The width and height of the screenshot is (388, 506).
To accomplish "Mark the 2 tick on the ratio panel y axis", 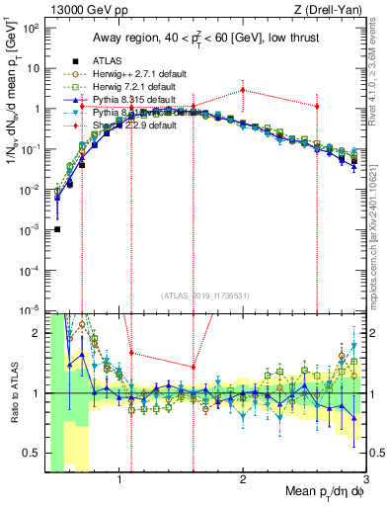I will [x=38, y=333].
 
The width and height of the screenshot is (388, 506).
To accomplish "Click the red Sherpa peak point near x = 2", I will [x=243, y=90].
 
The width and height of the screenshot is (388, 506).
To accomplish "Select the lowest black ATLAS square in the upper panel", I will [x=57, y=229].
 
